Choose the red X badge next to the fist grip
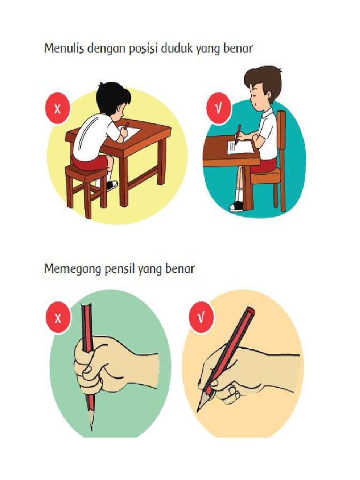click(x=58, y=318)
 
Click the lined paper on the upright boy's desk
click(x=239, y=147)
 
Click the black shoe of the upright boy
click(x=237, y=206)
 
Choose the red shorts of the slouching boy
click(x=90, y=163)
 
